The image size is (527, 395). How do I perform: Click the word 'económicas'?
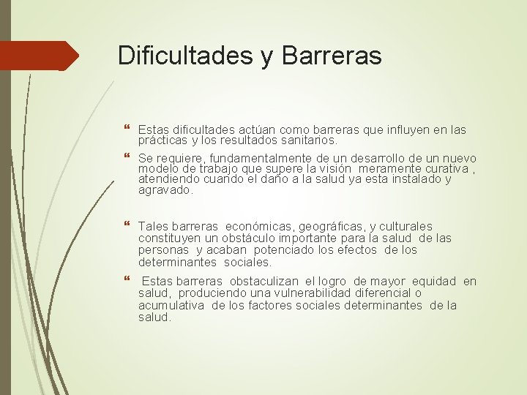tap(266, 227)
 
